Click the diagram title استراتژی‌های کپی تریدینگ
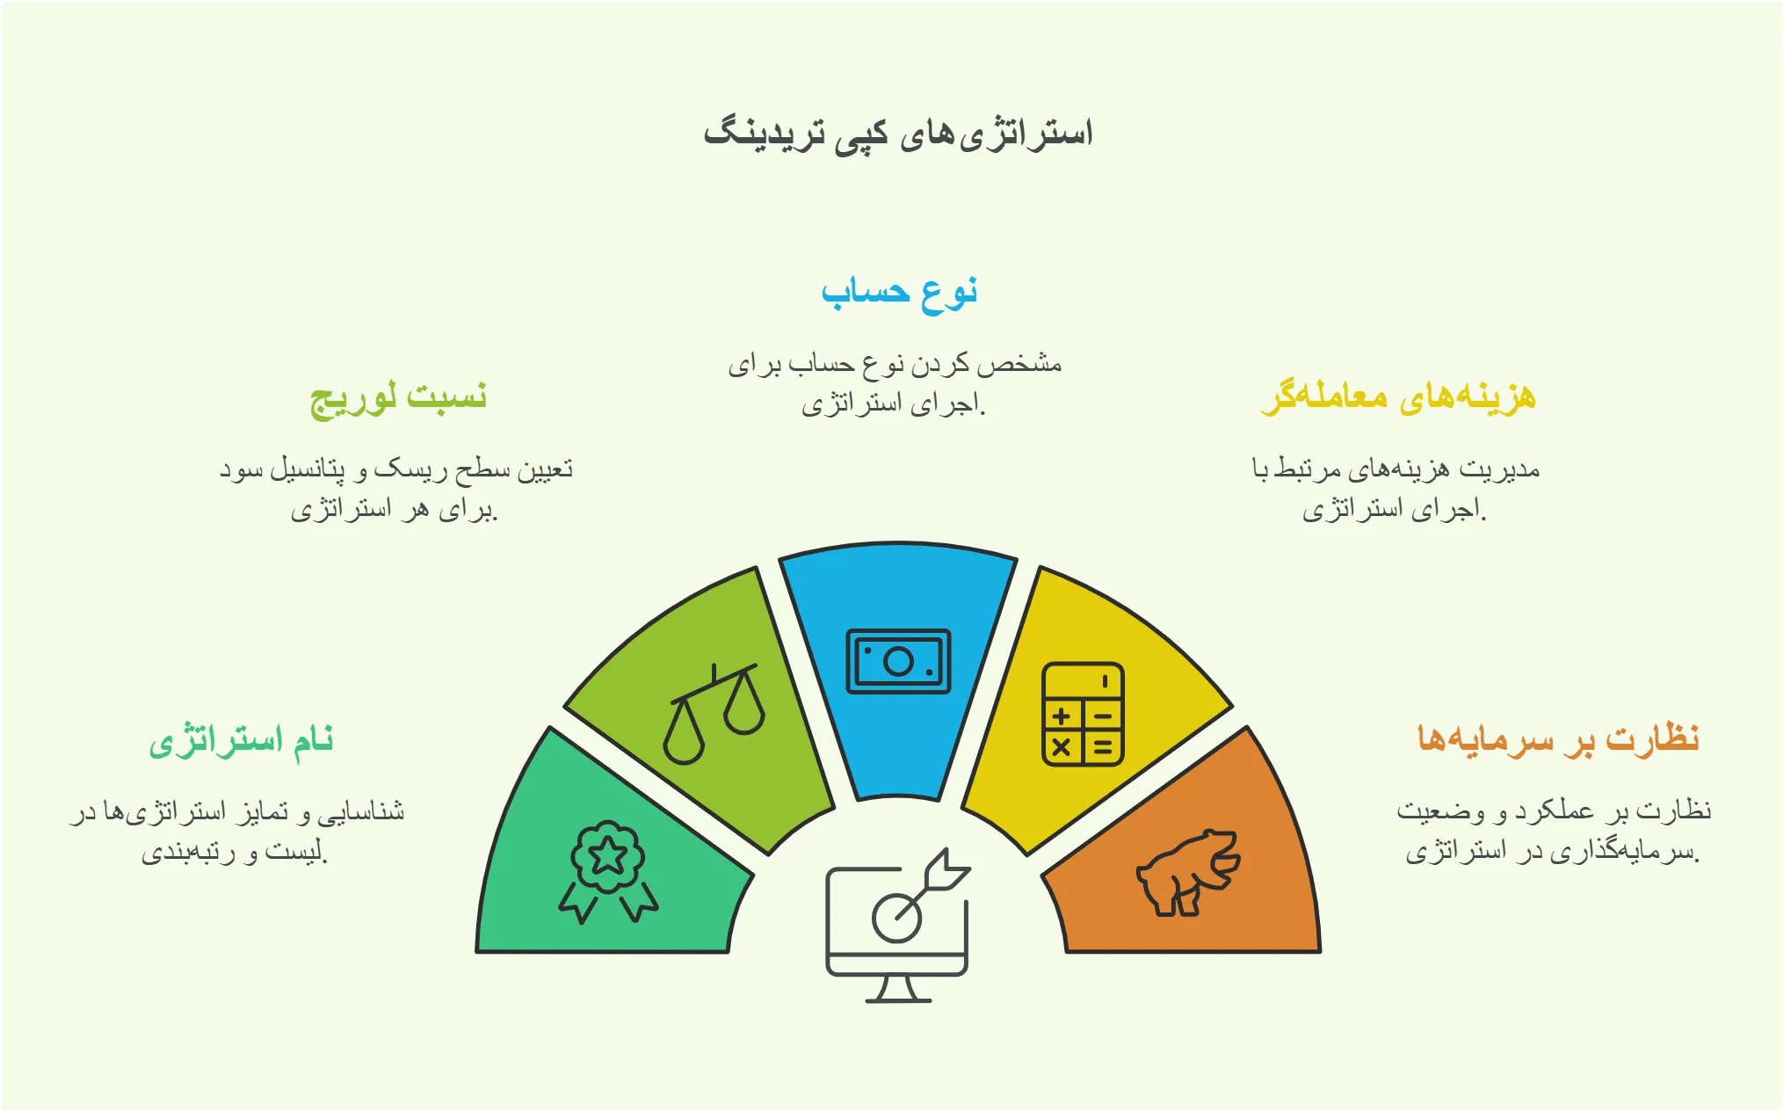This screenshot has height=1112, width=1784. click(x=897, y=134)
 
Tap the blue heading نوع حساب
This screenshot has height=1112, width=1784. click(x=899, y=292)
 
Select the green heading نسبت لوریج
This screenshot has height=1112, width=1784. click(x=398, y=397)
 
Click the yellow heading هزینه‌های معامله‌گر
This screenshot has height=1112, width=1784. click(x=1398, y=397)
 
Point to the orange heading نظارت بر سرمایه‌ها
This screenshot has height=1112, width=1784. click(x=1558, y=738)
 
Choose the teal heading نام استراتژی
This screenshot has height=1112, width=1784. click(x=241, y=740)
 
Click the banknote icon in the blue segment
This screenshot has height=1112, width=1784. click(x=898, y=661)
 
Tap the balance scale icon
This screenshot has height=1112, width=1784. click(x=714, y=714)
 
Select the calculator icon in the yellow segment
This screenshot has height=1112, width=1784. click(x=1082, y=714)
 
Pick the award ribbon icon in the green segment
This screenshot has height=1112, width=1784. click(x=608, y=870)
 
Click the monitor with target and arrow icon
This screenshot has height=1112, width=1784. click(x=896, y=923)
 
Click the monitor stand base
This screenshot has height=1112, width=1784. click(x=898, y=999)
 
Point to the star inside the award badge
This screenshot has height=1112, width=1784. click(x=607, y=854)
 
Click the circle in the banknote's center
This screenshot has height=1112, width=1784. click(x=898, y=661)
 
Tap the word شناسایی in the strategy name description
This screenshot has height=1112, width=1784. click(x=361, y=810)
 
